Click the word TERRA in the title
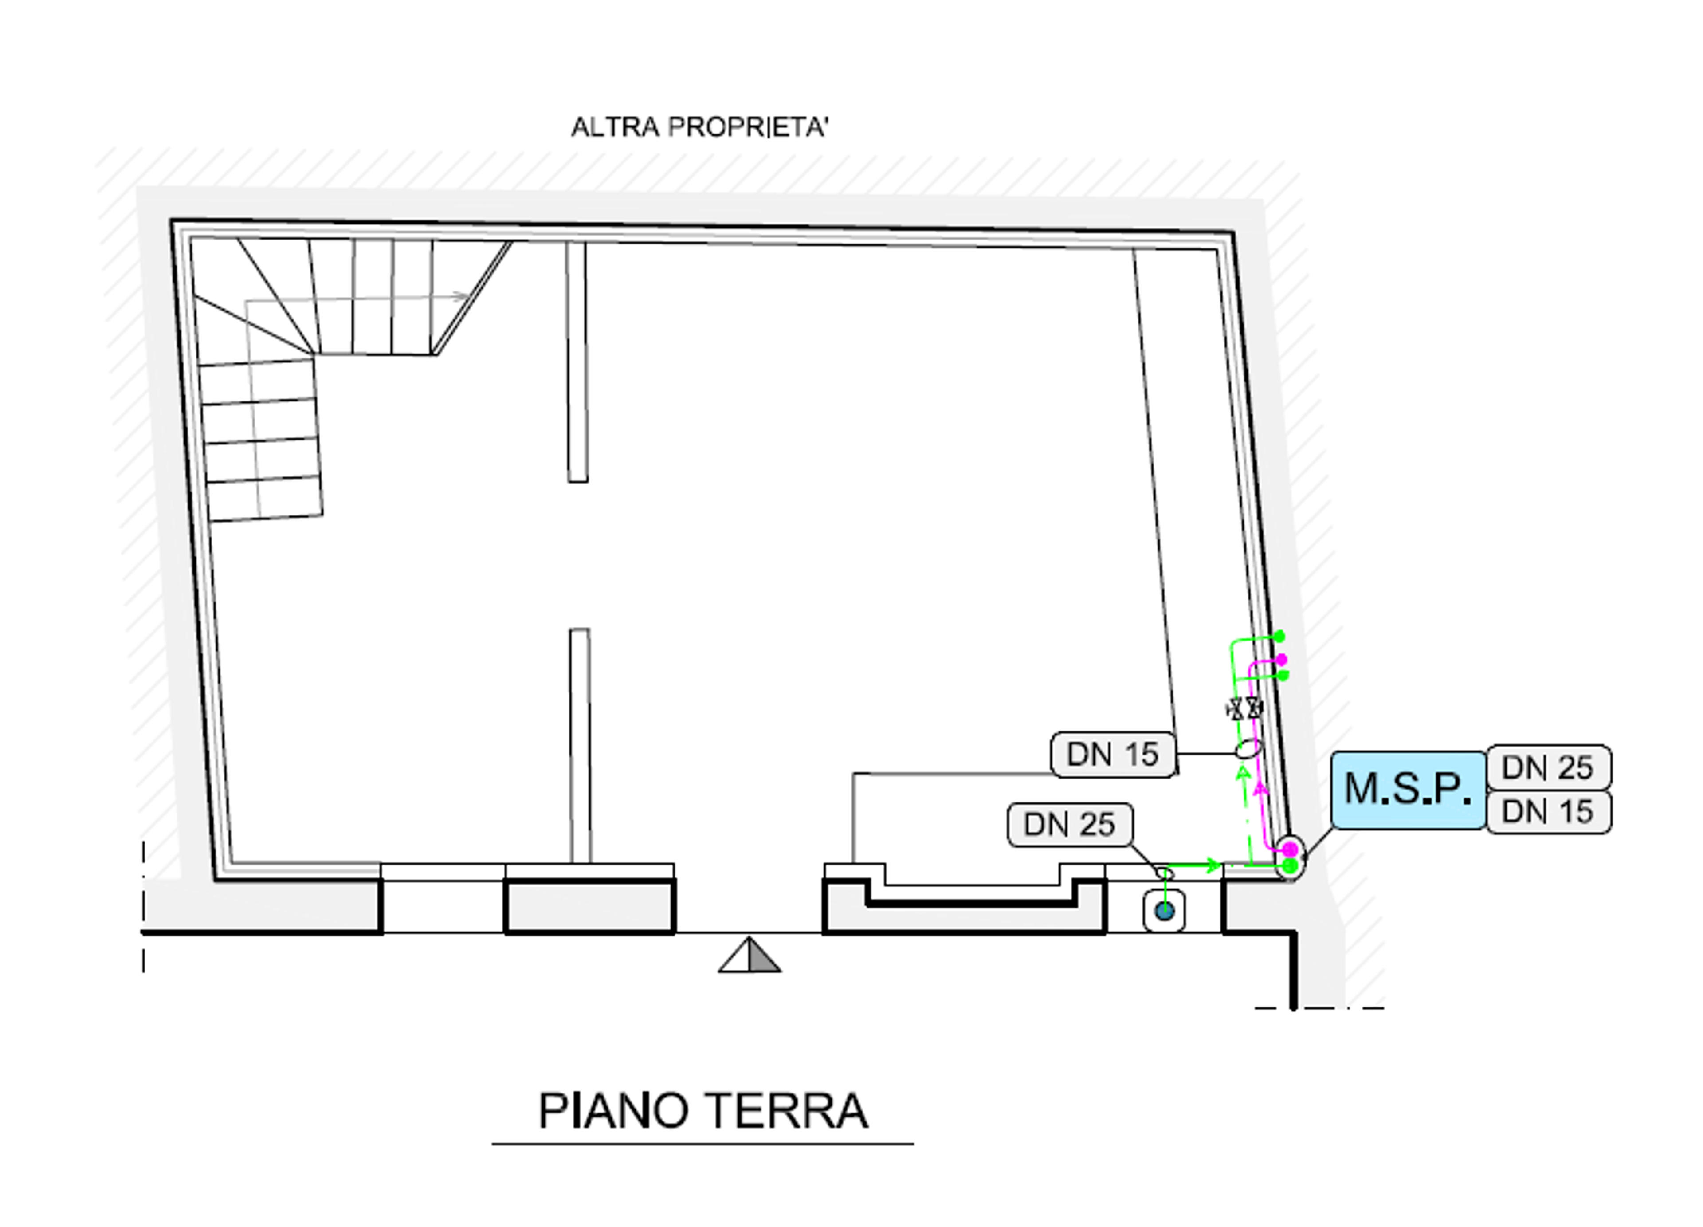point(787,1111)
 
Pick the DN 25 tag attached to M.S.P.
point(1548,767)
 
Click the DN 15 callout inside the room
point(1113,754)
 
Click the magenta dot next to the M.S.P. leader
point(1290,849)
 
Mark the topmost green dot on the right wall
point(1279,637)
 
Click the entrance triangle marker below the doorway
point(749,955)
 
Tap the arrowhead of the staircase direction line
point(462,296)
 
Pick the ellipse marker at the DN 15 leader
point(1248,749)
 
